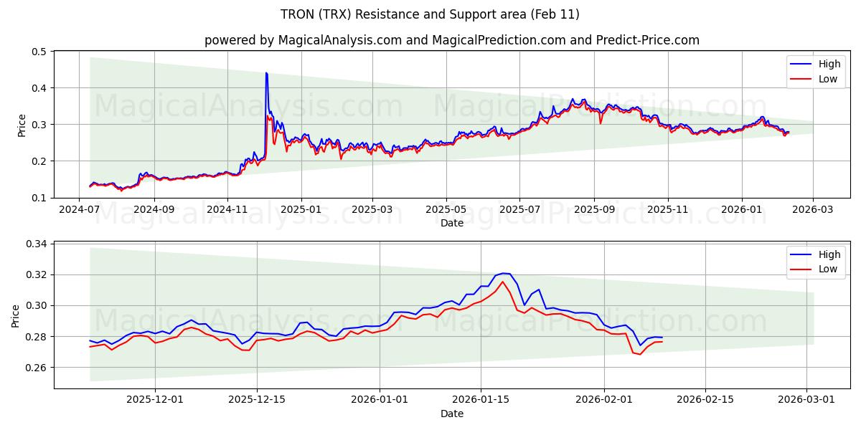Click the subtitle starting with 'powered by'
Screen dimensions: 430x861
451,40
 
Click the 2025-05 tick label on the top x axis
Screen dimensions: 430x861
446,210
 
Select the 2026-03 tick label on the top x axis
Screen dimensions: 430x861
813,210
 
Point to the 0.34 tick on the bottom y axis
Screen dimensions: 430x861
35,244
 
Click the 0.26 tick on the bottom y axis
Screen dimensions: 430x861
35,368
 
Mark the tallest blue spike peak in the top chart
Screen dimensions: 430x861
266,73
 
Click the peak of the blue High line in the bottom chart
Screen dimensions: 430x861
503,273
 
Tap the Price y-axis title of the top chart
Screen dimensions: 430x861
22,125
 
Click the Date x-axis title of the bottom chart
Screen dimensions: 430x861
451,414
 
